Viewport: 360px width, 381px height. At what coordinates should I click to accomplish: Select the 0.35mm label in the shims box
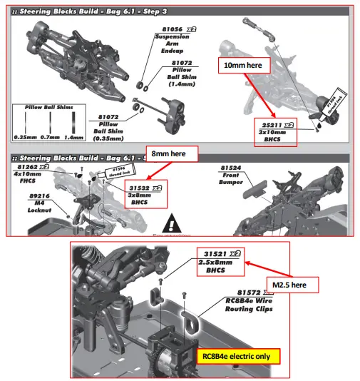point(26,136)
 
